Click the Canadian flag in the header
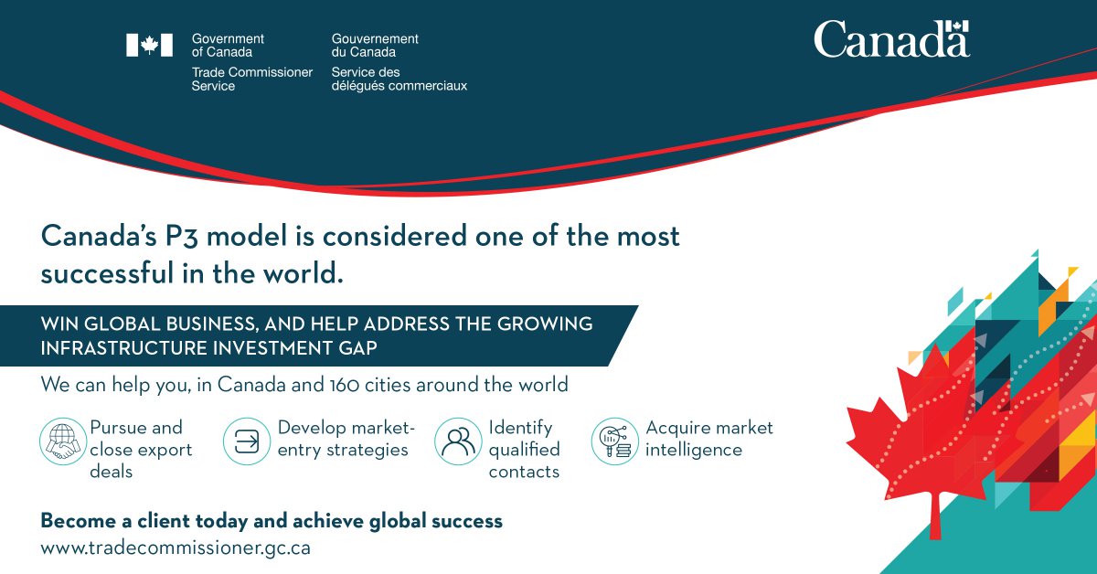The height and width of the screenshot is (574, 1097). point(149,46)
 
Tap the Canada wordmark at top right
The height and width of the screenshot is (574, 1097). point(891,39)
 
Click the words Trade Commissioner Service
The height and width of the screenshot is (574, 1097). point(251,79)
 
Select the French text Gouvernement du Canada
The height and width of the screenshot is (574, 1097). point(375,46)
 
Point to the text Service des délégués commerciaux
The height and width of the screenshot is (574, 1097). point(399,79)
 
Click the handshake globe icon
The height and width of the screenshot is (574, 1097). point(61,441)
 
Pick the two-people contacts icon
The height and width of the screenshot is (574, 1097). point(457,441)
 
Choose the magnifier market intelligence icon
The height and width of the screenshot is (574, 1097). point(613,441)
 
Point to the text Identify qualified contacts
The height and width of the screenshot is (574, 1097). point(525,450)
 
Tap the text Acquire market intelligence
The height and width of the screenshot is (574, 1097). point(708,439)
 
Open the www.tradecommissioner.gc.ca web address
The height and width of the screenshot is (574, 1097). point(176,548)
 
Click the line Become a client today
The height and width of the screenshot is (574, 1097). point(271,521)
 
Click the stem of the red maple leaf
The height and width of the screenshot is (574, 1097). point(934,521)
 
